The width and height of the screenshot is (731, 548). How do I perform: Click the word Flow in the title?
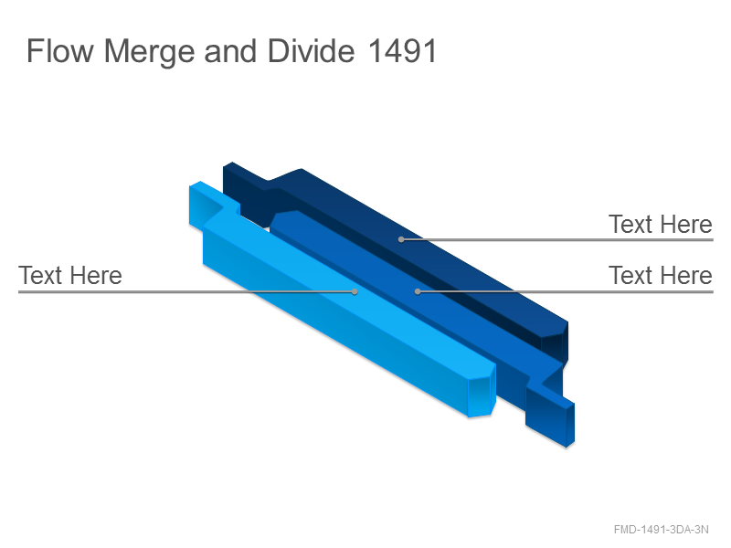pos(59,51)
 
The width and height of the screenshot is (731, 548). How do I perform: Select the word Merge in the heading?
pos(149,52)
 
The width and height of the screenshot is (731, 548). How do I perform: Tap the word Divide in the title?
pos(311,51)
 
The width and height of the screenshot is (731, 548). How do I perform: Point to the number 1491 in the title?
pos(402,51)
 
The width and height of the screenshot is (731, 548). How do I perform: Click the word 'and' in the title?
pos(230,51)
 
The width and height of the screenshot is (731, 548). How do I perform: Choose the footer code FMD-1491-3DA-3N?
pos(661,530)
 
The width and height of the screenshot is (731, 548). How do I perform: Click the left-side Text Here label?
pos(70,276)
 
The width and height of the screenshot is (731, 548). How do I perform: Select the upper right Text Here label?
pos(660,224)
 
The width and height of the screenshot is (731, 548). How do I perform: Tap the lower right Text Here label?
pos(660,276)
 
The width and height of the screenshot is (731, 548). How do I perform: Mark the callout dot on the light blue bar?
pos(355,291)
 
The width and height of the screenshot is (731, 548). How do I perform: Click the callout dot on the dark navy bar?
pos(401,239)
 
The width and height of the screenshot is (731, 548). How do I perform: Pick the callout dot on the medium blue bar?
pos(418,291)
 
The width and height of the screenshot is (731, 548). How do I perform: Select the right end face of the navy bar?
pos(555,342)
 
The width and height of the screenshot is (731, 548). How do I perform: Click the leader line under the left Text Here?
pos(186,292)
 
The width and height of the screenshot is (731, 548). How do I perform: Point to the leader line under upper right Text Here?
pos(557,240)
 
